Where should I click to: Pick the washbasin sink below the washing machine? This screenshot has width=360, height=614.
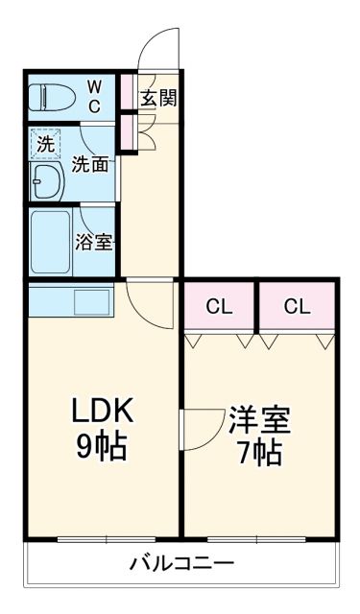(x=46, y=180)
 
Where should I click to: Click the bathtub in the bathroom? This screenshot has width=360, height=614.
(x=49, y=241)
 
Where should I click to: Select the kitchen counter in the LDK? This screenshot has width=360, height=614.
(x=71, y=299)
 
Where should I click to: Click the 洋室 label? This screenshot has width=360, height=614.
(x=258, y=420)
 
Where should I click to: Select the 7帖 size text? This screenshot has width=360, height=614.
(x=258, y=453)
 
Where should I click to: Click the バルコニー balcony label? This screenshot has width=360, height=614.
(x=181, y=562)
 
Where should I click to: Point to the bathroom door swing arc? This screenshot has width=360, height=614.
(x=96, y=217)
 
